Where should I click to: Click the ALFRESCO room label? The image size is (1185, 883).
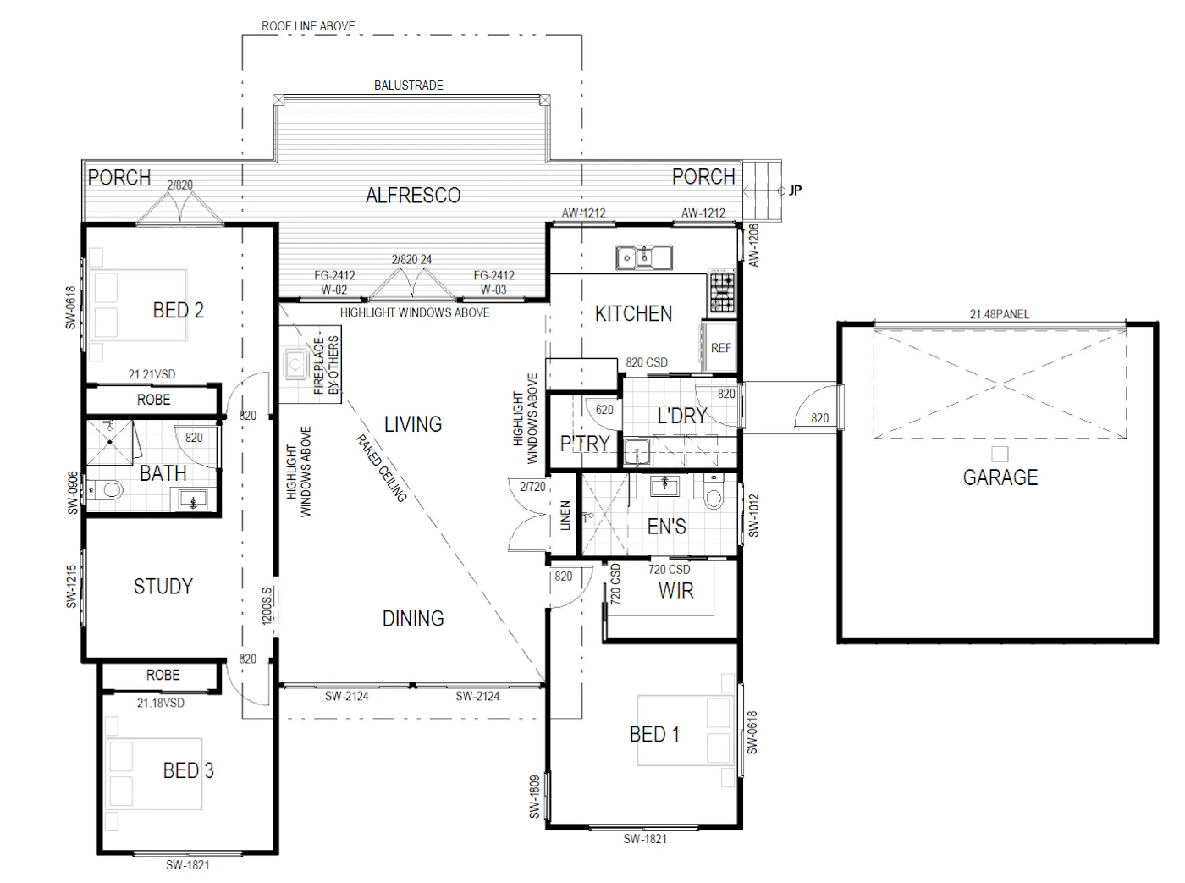tap(412, 196)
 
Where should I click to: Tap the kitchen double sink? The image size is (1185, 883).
tap(643, 257)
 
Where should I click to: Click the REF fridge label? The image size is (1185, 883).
tap(720, 348)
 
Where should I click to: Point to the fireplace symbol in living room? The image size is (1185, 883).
tap(295, 365)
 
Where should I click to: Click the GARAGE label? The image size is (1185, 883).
tap(1000, 477)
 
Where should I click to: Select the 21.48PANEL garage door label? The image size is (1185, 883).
tap(999, 314)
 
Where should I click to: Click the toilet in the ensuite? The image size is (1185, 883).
tap(714, 493)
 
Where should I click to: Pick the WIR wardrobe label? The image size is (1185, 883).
tap(675, 591)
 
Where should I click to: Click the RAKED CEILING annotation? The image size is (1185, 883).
tap(382, 468)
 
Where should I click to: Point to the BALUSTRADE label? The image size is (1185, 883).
tap(409, 86)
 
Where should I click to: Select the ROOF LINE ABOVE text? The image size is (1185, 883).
tap(308, 26)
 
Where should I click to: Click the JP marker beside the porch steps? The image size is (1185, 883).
tap(795, 190)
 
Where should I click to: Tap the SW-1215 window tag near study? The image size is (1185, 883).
tap(71, 587)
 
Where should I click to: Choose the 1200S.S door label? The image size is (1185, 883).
tap(267, 605)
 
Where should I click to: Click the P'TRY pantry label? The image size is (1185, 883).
tap(585, 443)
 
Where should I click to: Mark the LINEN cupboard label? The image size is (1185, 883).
tap(565, 516)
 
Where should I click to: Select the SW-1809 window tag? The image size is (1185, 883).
tap(535, 797)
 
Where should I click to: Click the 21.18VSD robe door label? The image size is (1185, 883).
tap(160, 703)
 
